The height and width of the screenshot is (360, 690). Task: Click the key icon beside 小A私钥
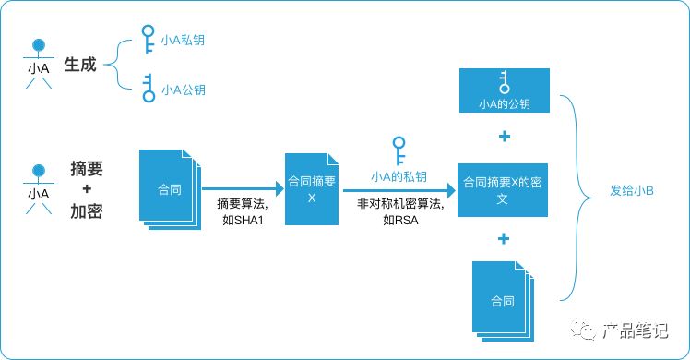[149, 39]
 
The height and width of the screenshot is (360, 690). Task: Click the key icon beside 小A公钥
[149, 88]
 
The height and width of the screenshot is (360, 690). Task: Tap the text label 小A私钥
[182, 40]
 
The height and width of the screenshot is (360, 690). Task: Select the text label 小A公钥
[183, 90]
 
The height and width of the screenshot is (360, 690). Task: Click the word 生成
[80, 65]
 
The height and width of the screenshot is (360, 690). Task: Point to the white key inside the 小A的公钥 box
[505, 83]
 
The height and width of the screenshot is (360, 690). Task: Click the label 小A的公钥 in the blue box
[505, 104]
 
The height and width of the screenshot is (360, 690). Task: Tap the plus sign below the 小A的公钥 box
[505, 137]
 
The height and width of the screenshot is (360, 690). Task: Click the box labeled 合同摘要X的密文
[503, 190]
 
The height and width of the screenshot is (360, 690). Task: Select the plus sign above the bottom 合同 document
[504, 239]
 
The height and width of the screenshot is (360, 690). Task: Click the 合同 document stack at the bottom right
[503, 301]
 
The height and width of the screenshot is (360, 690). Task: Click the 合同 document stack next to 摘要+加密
[170, 189]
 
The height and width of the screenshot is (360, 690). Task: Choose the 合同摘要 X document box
[312, 189]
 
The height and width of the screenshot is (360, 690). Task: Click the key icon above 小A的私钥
[399, 151]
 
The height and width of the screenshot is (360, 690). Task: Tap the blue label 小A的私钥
[399, 176]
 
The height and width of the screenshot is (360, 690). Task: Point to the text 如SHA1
[243, 220]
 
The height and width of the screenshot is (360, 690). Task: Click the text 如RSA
[400, 220]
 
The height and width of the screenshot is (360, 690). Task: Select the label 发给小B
[632, 190]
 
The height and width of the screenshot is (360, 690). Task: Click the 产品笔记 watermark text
[635, 330]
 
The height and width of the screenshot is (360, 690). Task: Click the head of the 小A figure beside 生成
[39, 45]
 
